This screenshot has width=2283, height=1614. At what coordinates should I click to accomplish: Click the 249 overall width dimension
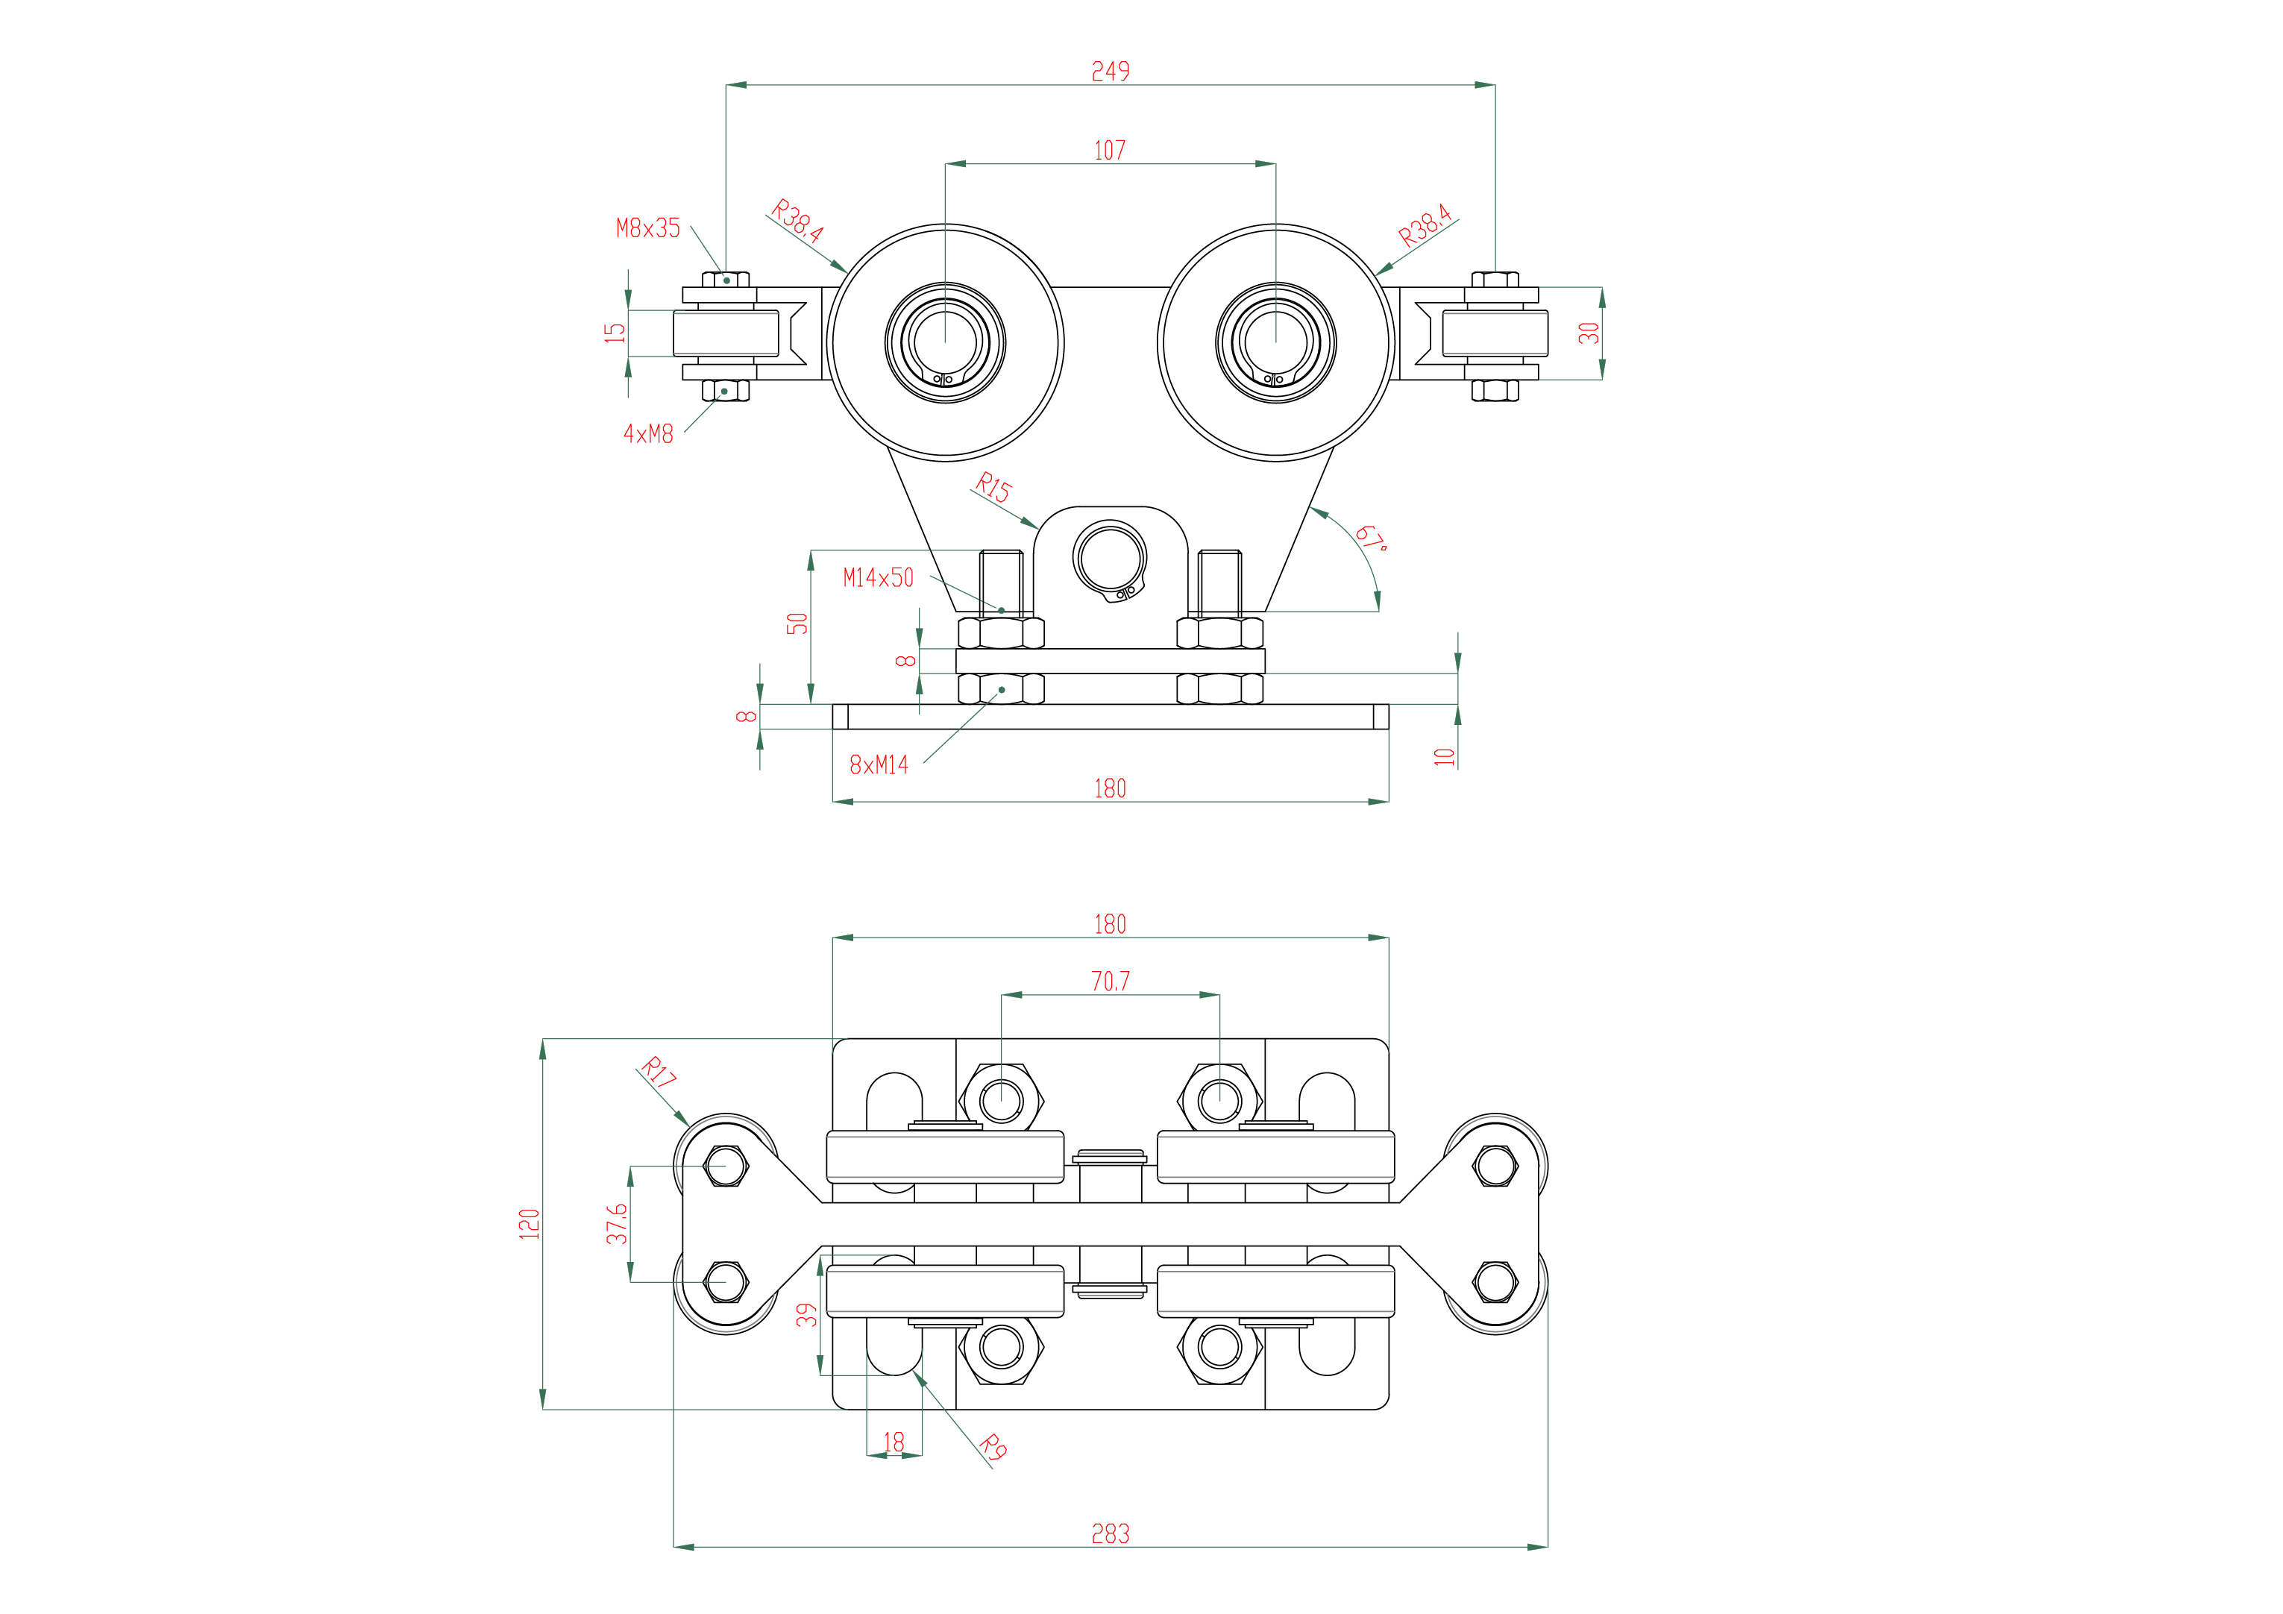pyautogui.click(x=1110, y=72)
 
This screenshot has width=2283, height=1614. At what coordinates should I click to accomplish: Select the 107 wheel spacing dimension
pyautogui.click(x=1110, y=150)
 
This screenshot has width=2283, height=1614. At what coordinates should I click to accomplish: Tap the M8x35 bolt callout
pyautogui.click(x=648, y=229)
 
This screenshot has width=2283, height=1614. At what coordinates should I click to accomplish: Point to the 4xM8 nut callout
pyautogui.click(x=648, y=433)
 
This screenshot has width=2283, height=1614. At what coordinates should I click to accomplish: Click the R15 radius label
pyautogui.click(x=993, y=487)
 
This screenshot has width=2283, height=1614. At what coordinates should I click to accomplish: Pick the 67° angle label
pyautogui.click(x=1371, y=538)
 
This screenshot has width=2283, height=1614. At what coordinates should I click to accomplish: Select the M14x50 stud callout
pyautogui.click(x=878, y=578)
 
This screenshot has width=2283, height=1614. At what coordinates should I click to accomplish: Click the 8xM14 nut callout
pyautogui.click(x=879, y=764)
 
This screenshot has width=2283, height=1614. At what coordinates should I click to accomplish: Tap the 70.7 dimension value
pyautogui.click(x=1110, y=982)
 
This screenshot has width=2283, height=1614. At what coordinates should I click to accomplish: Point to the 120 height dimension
pyautogui.click(x=529, y=1223)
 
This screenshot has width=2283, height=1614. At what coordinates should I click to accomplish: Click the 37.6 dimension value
pyautogui.click(x=617, y=1224)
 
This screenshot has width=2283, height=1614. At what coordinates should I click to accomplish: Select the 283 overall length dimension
pyautogui.click(x=1111, y=1534)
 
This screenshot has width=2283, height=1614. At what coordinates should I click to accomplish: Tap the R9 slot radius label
pyautogui.click(x=993, y=1447)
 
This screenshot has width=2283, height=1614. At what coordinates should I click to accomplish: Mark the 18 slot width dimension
pyautogui.click(x=894, y=1442)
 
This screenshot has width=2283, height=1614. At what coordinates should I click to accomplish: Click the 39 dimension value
pyautogui.click(x=806, y=1315)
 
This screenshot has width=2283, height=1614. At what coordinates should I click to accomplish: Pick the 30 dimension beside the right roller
pyautogui.click(x=1589, y=333)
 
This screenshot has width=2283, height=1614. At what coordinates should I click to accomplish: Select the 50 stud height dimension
pyautogui.click(x=797, y=624)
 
